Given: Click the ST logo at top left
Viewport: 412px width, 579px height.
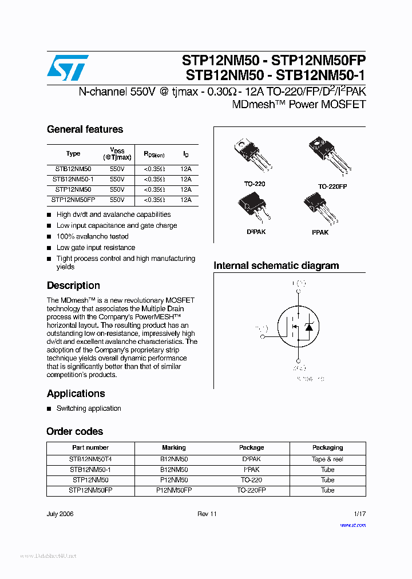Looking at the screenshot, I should pos(68,68).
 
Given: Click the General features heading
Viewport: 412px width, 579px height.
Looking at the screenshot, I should pos(85,129).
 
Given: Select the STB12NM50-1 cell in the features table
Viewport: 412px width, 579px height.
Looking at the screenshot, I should pos(73,179).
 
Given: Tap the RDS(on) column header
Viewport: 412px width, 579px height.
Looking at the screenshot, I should pos(154,154).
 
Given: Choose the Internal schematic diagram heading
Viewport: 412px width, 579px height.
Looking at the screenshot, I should pos(276,265).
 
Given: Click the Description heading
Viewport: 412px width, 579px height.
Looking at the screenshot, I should pos(73,285).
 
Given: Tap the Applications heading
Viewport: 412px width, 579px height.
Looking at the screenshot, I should pos(76,394).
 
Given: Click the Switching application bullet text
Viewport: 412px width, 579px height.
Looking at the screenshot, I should pos(89,409).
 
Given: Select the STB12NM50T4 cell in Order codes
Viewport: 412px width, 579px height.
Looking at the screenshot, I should pos(90,459).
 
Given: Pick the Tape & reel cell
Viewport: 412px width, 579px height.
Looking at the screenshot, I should pos(327,459).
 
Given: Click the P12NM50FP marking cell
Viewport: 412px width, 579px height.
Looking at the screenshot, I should pos(174,490).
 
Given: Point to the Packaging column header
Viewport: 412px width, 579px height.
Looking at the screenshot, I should pos(327,447).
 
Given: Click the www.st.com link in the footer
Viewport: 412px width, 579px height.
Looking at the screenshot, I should pos(352,525).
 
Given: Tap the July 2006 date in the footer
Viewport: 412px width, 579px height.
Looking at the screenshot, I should pos(60,514).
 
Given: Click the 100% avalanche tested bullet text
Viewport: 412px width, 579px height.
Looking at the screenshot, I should pos(92,236).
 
